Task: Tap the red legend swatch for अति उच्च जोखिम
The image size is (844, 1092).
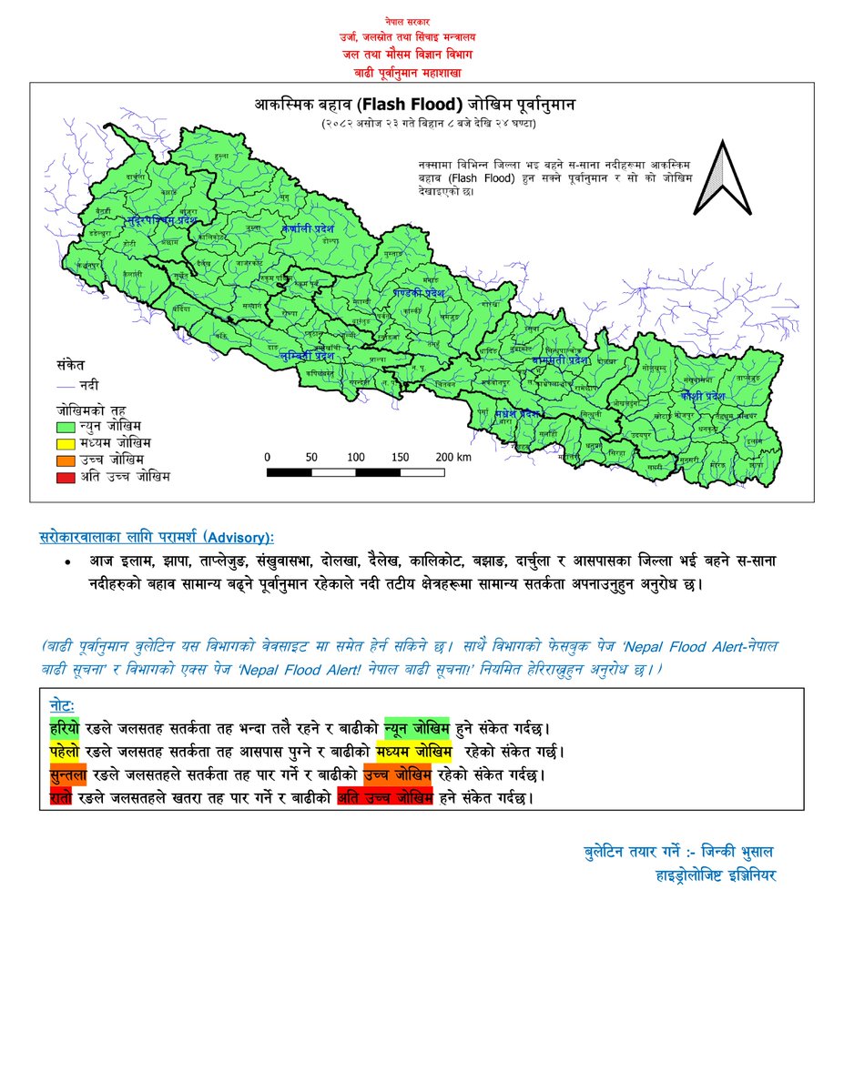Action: tap(66, 476)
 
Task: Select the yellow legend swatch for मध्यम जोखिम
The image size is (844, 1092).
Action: tap(66, 443)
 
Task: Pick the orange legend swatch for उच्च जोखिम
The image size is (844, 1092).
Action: tap(66, 460)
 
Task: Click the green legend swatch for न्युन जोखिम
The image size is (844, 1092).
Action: tap(66, 426)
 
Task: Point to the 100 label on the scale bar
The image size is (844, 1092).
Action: tap(356, 457)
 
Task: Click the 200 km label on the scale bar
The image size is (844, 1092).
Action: tap(452, 457)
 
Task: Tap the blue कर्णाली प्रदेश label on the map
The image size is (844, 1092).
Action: tap(309, 228)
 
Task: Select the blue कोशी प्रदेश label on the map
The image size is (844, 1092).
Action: tap(701, 397)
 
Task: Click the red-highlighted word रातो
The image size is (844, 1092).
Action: tap(63, 798)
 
